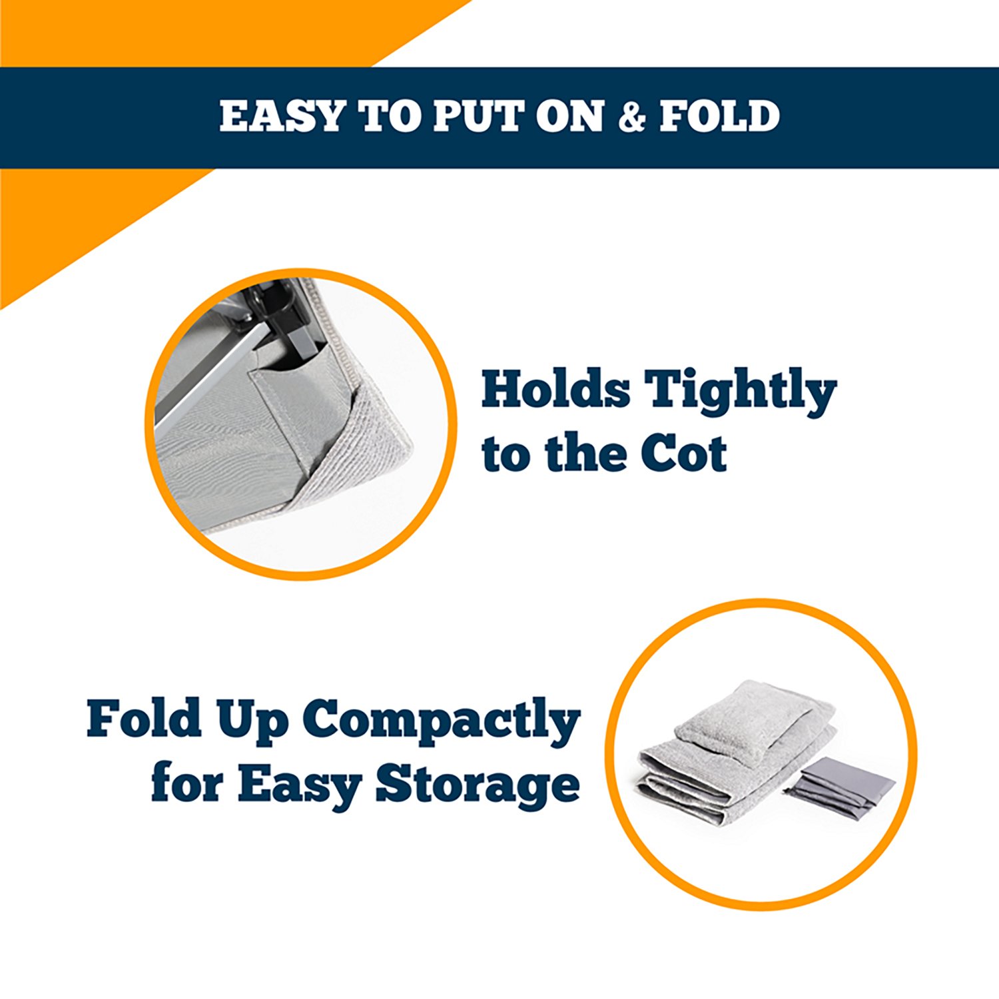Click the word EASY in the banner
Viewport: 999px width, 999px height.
pos(280,117)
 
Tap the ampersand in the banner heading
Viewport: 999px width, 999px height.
pos(632,117)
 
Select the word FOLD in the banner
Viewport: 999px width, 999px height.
pos(719,117)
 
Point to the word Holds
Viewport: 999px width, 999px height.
pos(555,390)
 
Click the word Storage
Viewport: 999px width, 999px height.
pos(477,786)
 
